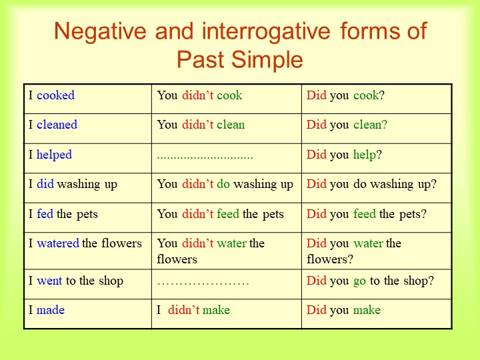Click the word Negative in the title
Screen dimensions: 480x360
point(101,31)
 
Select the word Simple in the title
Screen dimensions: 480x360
point(267,60)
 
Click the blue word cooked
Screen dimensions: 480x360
point(55,95)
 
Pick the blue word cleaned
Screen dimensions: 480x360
point(57,125)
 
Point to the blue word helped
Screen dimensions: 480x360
point(54,154)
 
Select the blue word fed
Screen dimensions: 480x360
point(45,214)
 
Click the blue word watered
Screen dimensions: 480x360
point(58,243)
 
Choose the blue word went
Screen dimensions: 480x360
point(49,281)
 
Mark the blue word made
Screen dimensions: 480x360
point(51,310)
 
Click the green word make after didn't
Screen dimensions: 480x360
point(216,310)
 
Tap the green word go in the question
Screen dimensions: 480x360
point(360,281)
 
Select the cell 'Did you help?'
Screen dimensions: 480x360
point(377,158)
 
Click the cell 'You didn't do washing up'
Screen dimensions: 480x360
point(227,188)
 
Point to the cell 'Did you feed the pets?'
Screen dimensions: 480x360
point(377,217)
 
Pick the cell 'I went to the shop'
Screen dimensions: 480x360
point(87,285)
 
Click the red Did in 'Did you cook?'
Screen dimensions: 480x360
point(317,95)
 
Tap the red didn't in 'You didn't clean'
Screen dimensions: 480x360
point(198,125)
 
